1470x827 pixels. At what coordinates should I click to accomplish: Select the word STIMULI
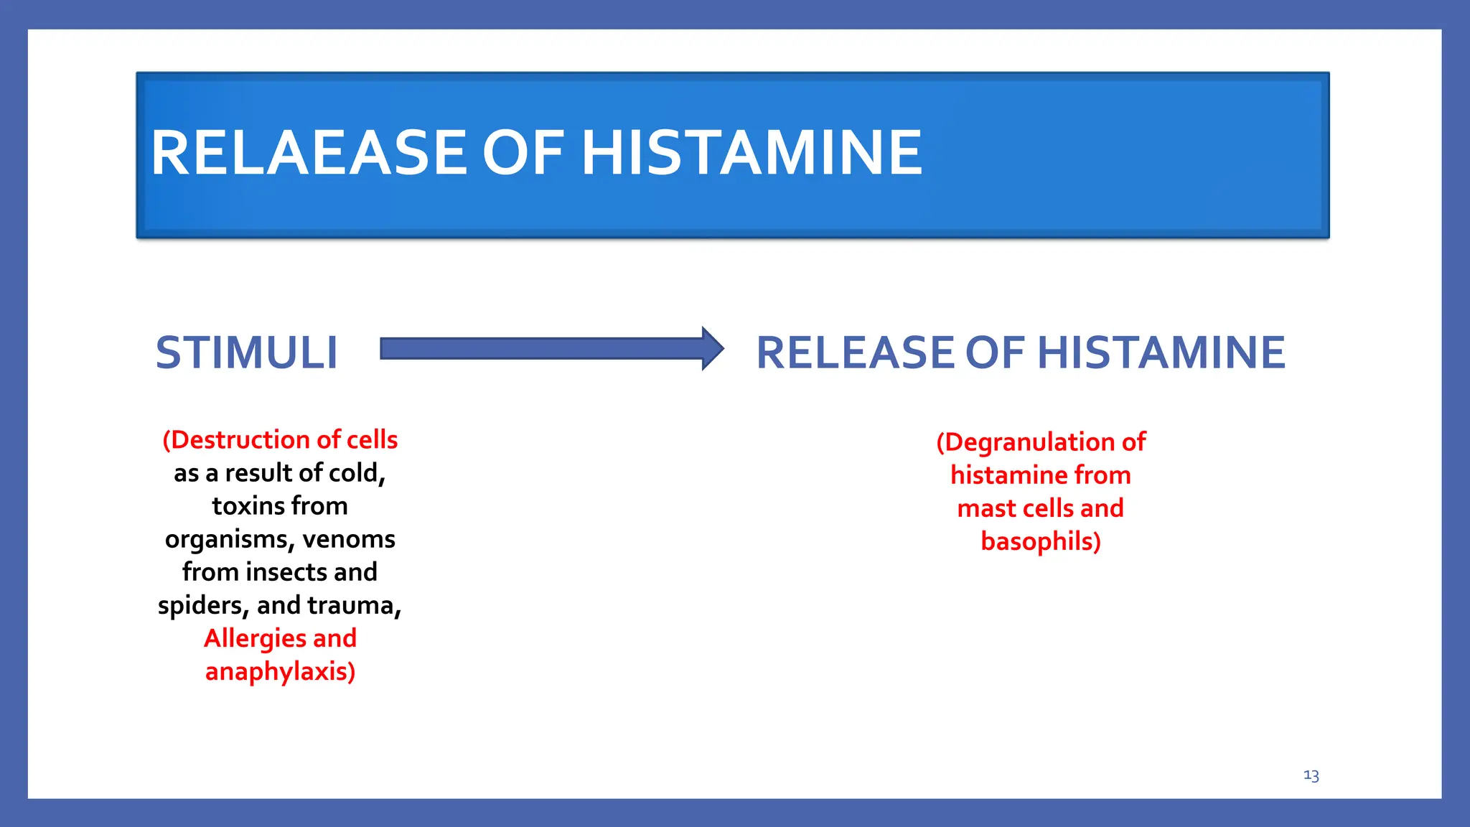(x=246, y=352)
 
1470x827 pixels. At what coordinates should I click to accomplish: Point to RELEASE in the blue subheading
(x=855, y=352)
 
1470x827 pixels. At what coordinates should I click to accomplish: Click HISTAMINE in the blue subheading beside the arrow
(x=1161, y=352)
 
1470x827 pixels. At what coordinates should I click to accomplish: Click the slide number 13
(x=1311, y=775)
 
